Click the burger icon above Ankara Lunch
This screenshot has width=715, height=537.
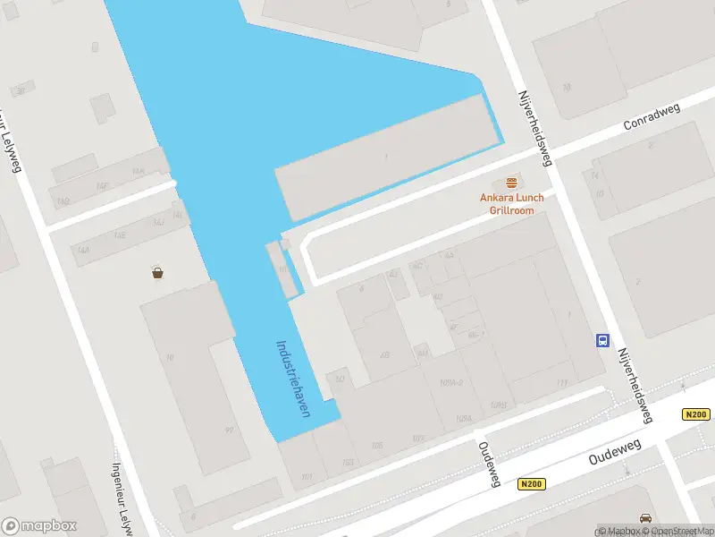pyautogui.click(x=511, y=183)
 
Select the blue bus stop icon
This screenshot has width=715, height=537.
pyautogui.click(x=603, y=340)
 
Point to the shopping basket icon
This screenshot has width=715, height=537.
pyautogui.click(x=158, y=272)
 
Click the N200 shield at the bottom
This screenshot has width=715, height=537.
pyautogui.click(x=530, y=484)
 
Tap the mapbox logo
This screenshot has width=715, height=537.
pyautogui.click(x=39, y=526)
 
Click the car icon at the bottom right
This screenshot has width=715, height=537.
pyautogui.click(x=645, y=518)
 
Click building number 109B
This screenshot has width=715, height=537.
pyautogui.click(x=499, y=405)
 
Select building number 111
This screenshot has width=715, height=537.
pyautogui.click(x=561, y=383)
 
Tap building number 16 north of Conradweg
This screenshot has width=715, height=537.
pyautogui.click(x=567, y=87)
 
